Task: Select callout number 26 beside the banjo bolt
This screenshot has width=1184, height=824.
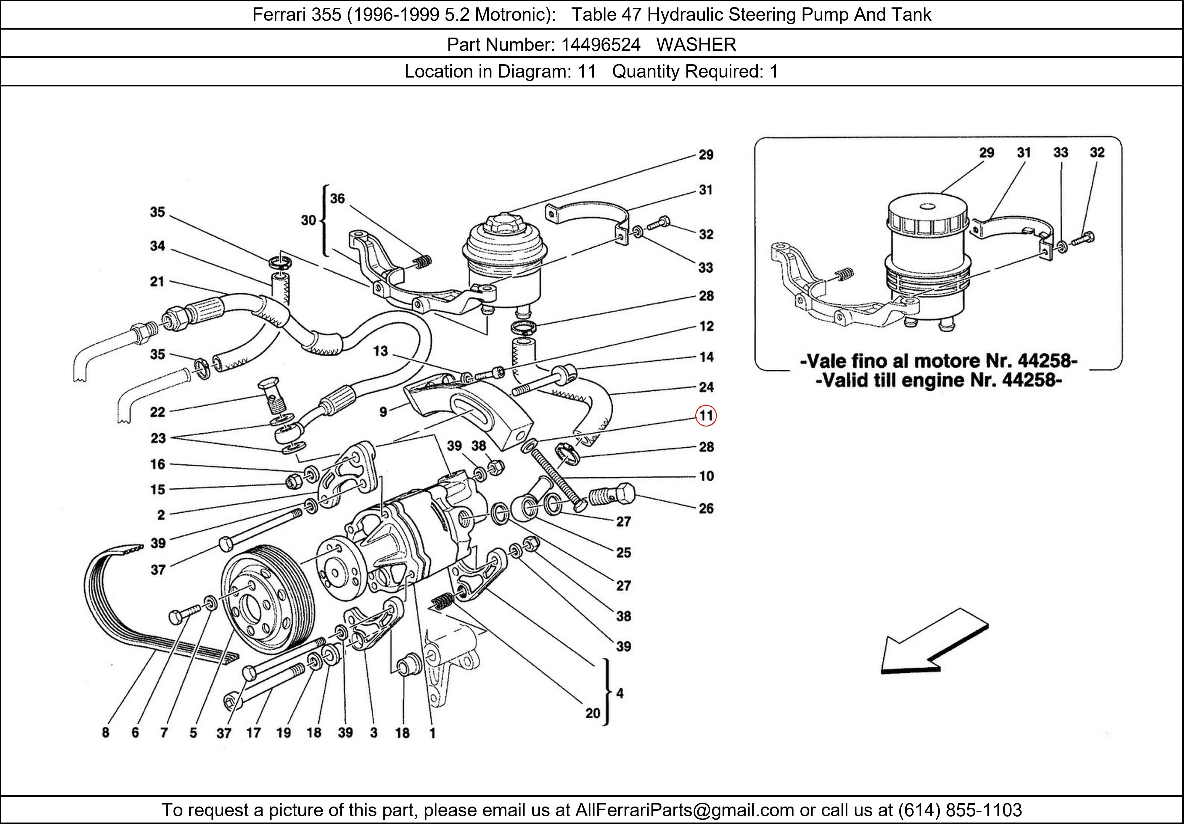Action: (x=706, y=508)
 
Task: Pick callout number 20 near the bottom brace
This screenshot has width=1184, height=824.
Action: (x=593, y=713)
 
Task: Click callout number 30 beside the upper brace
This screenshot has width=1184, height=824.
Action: (x=308, y=220)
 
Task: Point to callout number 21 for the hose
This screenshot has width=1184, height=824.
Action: (x=157, y=281)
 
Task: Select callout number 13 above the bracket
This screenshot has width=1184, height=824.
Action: (x=381, y=351)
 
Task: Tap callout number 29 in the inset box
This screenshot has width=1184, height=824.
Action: (x=987, y=153)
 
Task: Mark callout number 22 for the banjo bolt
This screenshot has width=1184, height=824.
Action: (x=157, y=412)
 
